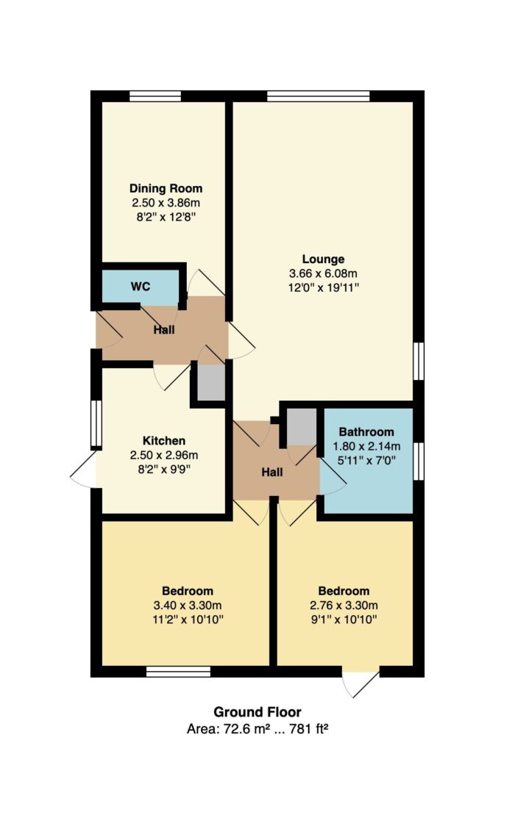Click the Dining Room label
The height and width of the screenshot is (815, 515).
[166, 188]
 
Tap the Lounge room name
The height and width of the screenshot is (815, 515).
[323, 259]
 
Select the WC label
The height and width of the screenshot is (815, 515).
[141, 287]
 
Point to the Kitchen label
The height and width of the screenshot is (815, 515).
[164, 441]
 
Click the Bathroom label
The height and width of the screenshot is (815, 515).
[366, 431]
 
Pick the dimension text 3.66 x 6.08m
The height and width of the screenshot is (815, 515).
[323, 273]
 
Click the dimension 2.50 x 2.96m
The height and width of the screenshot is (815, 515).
[164, 456]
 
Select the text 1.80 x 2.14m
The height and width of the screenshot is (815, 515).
[366, 446]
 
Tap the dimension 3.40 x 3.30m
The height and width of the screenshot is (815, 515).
[188, 606]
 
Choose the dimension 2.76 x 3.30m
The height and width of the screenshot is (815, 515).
[344, 606]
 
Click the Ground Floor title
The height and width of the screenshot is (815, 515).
[257, 712]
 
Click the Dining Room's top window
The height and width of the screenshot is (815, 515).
[155, 96]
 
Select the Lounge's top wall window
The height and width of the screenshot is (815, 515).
[319, 96]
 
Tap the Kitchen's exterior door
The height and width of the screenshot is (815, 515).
[83, 469]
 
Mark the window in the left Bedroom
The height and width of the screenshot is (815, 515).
[179, 672]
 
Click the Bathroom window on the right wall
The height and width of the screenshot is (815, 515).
[419, 461]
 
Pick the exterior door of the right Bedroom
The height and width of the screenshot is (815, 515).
[361, 681]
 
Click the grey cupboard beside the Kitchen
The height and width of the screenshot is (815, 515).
[210, 383]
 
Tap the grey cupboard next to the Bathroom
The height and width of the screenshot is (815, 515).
[302, 427]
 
